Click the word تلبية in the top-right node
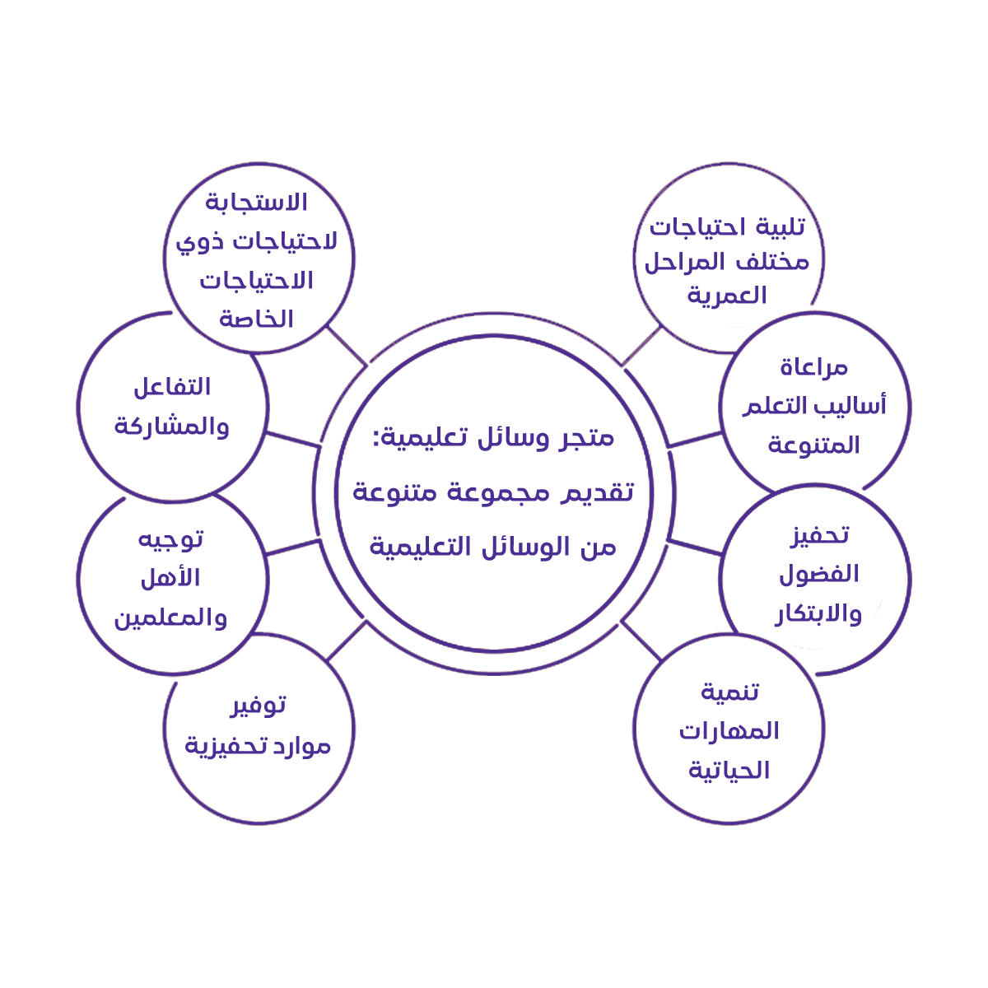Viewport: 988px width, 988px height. [x=775, y=226]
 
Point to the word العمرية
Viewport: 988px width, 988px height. [x=727, y=296]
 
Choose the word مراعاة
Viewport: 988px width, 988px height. [x=813, y=367]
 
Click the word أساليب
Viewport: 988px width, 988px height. [x=852, y=406]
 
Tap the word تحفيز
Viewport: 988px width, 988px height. [x=819, y=535]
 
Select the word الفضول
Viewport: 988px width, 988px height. [x=818, y=574]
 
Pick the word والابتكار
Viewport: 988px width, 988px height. [x=818, y=613]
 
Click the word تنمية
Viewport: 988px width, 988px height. [x=729, y=692]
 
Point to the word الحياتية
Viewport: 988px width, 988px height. [x=729, y=771]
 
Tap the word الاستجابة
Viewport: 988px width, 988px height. [x=256, y=202]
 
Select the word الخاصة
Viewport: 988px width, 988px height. [x=256, y=319]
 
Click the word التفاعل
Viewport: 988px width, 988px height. [x=172, y=386]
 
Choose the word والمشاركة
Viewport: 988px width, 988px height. [x=171, y=426]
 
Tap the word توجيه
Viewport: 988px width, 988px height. [x=170, y=539]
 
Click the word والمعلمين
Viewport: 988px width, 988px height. [x=170, y=617]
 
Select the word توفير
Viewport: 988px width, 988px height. [x=258, y=706]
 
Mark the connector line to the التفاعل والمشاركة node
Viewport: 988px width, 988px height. [x=292, y=439]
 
